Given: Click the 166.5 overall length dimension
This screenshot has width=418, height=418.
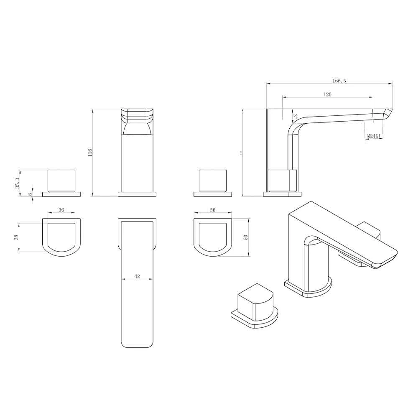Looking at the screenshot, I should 339,81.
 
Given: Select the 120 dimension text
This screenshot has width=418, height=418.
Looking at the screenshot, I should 327,95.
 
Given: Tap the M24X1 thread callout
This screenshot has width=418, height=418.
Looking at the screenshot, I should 373,136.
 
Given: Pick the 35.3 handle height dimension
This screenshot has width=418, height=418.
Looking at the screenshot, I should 17,183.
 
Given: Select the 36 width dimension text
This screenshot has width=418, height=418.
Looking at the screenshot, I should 61,210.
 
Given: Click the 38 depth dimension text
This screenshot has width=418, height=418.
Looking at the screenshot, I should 16,237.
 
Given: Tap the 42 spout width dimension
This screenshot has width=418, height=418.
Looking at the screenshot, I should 137,276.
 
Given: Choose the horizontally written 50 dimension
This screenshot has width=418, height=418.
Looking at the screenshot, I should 213,210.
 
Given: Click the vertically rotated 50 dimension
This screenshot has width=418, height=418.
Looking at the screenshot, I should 246,237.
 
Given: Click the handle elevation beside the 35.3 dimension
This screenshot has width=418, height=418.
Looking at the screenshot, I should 61,180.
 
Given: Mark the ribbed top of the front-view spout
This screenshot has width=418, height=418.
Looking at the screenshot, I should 137,115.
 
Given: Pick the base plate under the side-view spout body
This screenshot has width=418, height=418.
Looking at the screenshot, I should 282,194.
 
